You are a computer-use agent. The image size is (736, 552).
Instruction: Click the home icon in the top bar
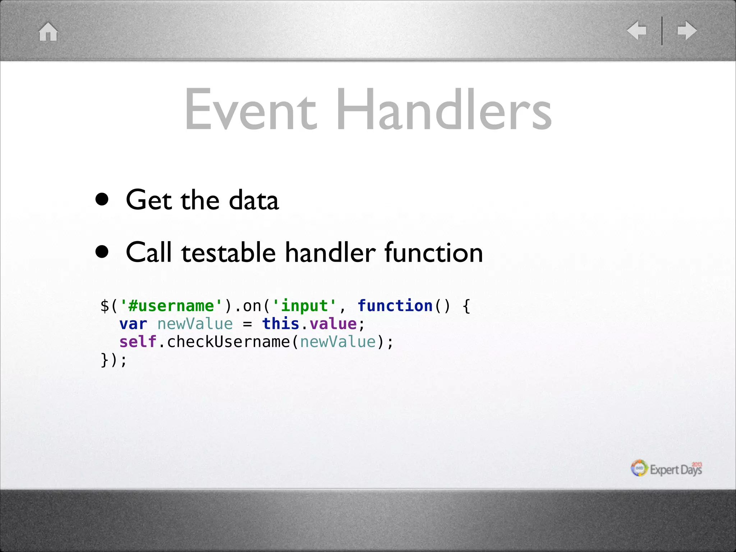(48, 32)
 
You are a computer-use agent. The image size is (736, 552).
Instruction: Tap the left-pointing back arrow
(636, 30)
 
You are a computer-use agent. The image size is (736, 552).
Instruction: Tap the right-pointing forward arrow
(687, 30)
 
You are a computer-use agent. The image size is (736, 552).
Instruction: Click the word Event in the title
(250, 110)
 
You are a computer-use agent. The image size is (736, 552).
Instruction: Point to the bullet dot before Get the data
(102, 199)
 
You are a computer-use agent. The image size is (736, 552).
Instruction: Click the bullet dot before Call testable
(102, 252)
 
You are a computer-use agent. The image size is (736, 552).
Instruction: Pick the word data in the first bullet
(254, 200)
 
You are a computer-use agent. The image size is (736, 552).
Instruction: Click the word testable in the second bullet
(229, 253)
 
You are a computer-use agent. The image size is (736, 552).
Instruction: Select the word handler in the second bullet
(330, 253)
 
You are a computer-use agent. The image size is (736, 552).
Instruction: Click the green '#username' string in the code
(171, 306)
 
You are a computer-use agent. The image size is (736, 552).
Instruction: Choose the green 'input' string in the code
(304, 306)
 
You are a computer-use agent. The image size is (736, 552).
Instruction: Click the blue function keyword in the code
(395, 306)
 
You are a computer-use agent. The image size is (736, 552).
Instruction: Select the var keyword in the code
(133, 324)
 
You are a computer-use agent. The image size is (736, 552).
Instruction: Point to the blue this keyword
(281, 324)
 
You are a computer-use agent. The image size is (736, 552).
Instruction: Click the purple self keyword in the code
(138, 342)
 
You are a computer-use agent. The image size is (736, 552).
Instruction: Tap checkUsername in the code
(228, 342)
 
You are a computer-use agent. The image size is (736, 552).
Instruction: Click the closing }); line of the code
(114, 360)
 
